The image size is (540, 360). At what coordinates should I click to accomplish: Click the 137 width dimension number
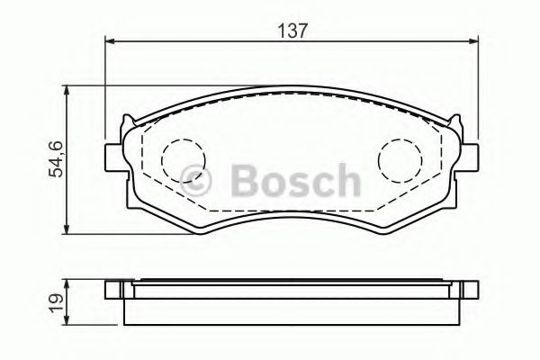(x=292, y=31)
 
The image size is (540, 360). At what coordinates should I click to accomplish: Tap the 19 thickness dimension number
(x=57, y=302)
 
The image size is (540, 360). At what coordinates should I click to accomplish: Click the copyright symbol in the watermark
(x=195, y=179)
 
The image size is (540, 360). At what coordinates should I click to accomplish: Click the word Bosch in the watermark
(x=295, y=180)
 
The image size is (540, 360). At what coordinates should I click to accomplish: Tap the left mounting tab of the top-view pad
(x=113, y=157)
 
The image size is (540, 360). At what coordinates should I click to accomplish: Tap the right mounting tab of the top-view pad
(x=469, y=157)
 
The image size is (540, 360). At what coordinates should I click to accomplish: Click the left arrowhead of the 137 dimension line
(x=109, y=41)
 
